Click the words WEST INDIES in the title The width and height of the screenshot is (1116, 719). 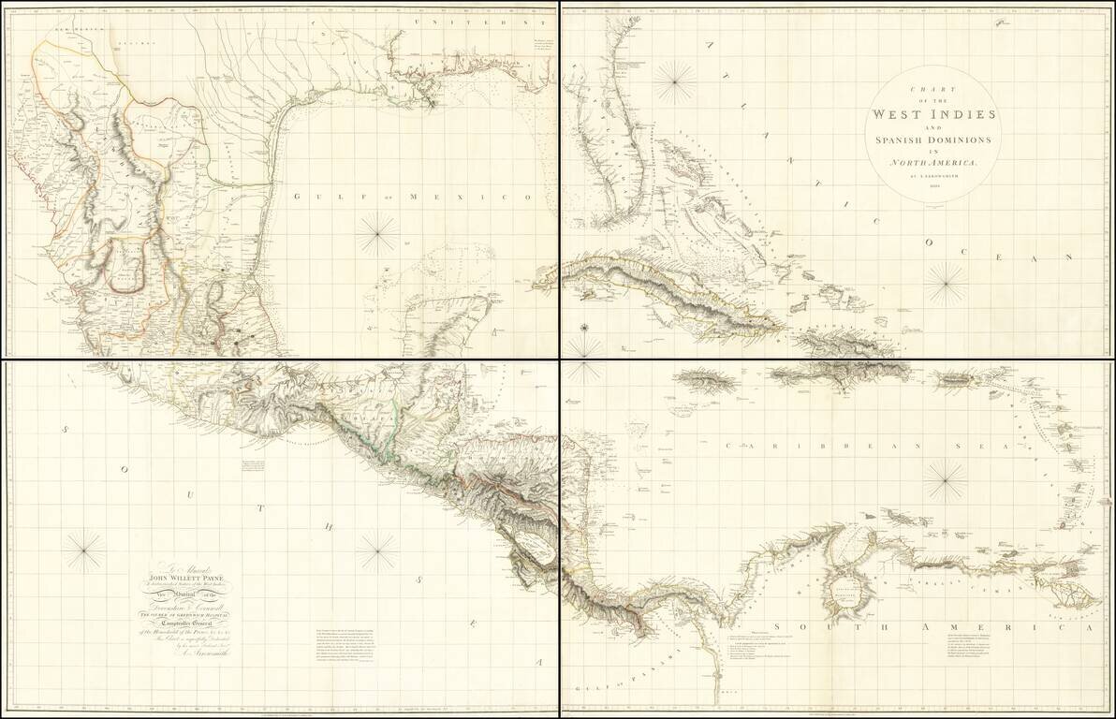tap(933, 114)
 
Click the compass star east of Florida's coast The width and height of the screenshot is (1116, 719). tap(673, 81)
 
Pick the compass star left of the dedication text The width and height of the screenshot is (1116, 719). tap(85, 550)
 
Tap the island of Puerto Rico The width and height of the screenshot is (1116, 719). tap(959, 381)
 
